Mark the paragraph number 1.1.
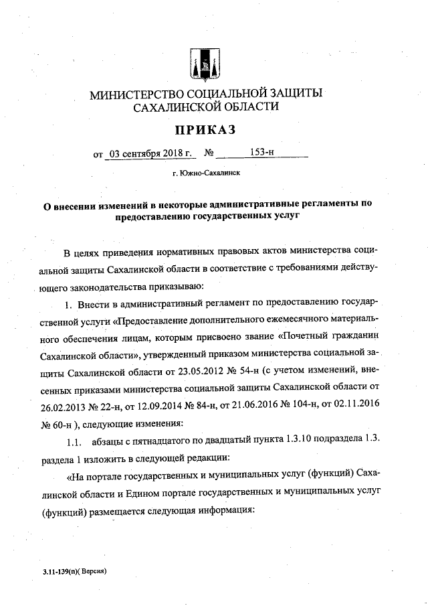pyautogui.click(x=73, y=441)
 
